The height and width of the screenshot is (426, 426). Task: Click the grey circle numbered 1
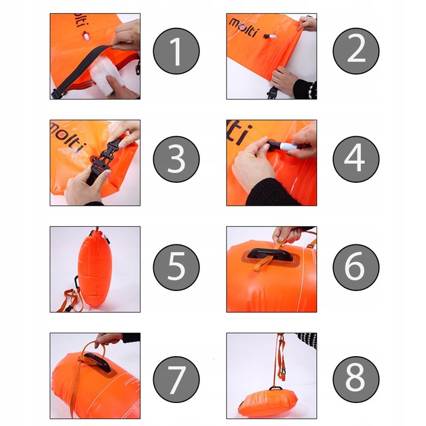(176, 51)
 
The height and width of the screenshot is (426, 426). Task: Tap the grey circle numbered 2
(356, 51)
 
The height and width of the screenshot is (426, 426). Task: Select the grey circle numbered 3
(176, 159)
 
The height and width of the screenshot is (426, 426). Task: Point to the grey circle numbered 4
(356, 159)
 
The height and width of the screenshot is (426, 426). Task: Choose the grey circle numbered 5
(176, 267)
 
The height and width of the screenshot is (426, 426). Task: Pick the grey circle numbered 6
(356, 267)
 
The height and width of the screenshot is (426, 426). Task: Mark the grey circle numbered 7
(176, 379)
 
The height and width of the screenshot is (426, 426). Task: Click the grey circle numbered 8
(356, 379)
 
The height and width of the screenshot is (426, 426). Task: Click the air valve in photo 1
(86, 36)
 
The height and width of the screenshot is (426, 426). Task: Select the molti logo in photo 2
(244, 27)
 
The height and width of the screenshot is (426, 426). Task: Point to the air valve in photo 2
(270, 36)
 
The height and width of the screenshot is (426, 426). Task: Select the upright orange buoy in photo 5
(91, 270)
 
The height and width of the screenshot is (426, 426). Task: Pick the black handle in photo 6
(267, 255)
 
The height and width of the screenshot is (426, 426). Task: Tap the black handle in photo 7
(98, 362)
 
